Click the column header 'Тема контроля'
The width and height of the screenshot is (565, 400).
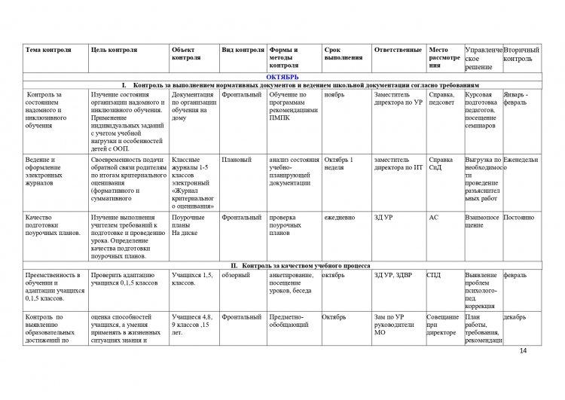pyautogui.click(x=48, y=50)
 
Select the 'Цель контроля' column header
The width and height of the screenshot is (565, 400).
pyautogui.click(x=113, y=50)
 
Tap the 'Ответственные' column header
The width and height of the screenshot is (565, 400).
pyautogui.click(x=397, y=50)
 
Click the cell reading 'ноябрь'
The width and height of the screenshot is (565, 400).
pyautogui.click(x=334, y=95)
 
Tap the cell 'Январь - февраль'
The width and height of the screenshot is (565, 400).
pyautogui.click(x=517, y=99)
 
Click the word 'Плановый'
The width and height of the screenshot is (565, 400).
pyautogui.click(x=238, y=160)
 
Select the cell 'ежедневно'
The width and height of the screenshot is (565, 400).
pyautogui.click(x=340, y=217)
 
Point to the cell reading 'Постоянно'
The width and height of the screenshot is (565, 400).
pyautogui.click(x=519, y=217)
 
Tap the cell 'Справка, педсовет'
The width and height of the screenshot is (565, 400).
pyautogui.click(x=441, y=99)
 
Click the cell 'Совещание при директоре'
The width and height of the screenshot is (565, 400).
pyautogui.click(x=442, y=325)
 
